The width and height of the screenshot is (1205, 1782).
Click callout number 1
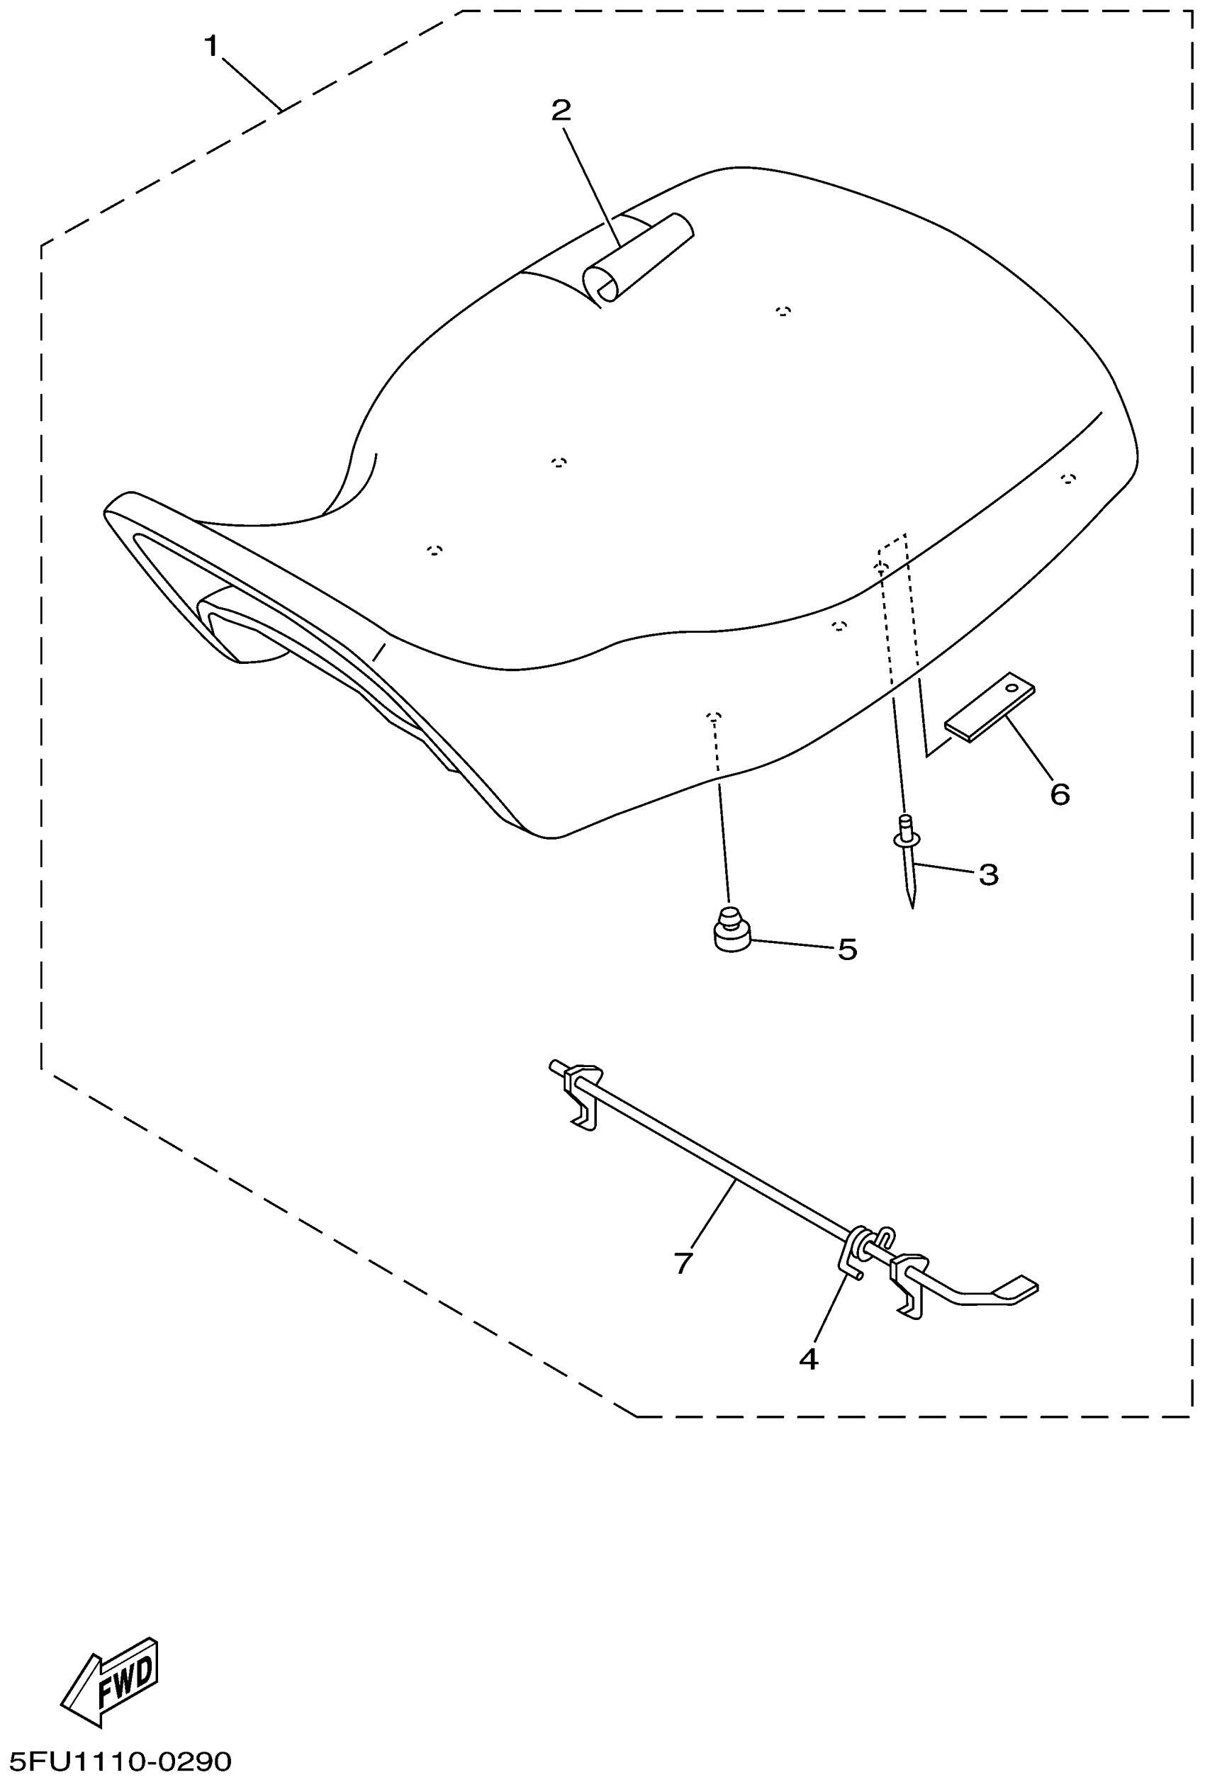coord(212,47)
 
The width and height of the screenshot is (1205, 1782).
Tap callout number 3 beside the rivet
coord(988,874)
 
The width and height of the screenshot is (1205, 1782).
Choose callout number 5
coord(847,949)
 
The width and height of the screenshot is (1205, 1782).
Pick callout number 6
coord(1059,794)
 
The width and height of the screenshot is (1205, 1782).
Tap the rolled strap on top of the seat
coord(638,258)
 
